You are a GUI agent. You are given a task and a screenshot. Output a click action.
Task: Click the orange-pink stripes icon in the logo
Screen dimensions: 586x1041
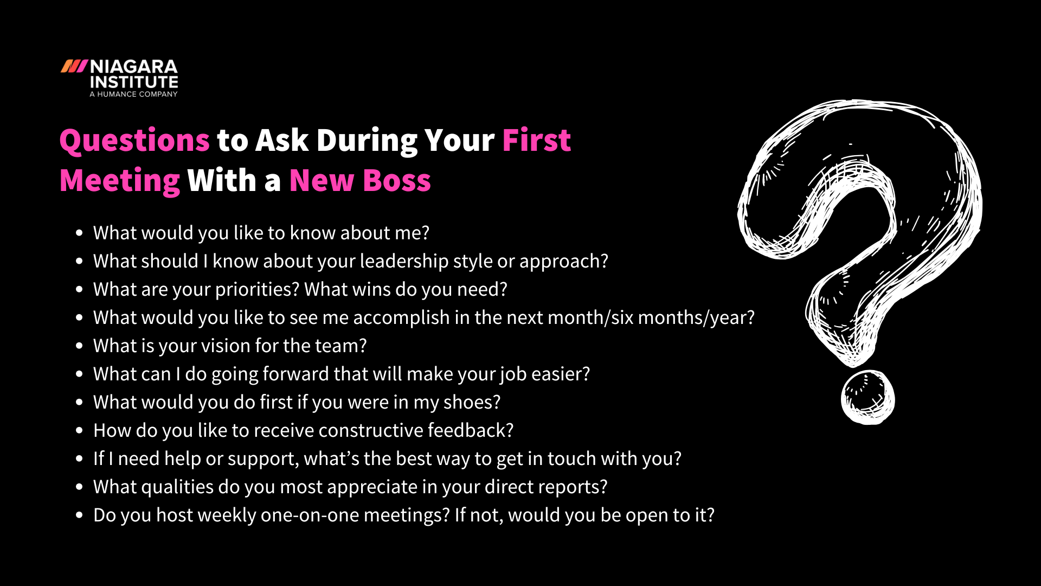tap(74, 66)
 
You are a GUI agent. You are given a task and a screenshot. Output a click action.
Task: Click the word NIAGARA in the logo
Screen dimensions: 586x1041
tap(133, 67)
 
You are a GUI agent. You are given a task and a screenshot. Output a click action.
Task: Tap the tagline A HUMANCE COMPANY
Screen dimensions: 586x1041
tap(133, 94)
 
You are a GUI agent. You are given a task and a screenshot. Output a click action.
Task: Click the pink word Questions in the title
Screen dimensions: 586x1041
tap(134, 141)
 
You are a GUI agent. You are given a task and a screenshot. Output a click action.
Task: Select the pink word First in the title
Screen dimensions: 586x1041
tap(536, 141)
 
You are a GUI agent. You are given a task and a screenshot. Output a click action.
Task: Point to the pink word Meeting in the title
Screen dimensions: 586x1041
tap(119, 181)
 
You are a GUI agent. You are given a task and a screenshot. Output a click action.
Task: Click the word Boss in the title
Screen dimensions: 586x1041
tap(397, 181)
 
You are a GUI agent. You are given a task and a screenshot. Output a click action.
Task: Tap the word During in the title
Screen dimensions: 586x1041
tap(367, 141)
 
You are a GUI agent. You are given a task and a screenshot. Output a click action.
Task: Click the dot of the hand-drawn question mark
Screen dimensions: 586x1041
tap(868, 398)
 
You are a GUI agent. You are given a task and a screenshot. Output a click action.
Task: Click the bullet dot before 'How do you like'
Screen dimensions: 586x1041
tap(80, 430)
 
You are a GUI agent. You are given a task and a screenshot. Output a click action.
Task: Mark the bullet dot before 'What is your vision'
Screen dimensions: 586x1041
tap(80, 346)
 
